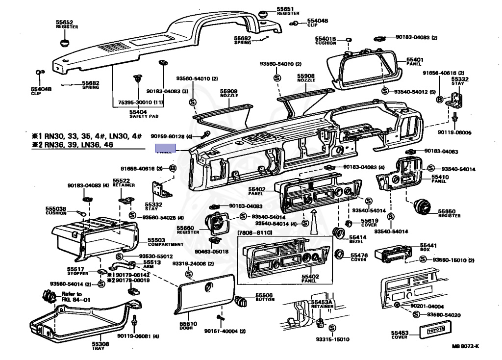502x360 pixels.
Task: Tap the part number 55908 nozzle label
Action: (305, 77)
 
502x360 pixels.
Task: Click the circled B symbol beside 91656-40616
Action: (440, 100)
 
